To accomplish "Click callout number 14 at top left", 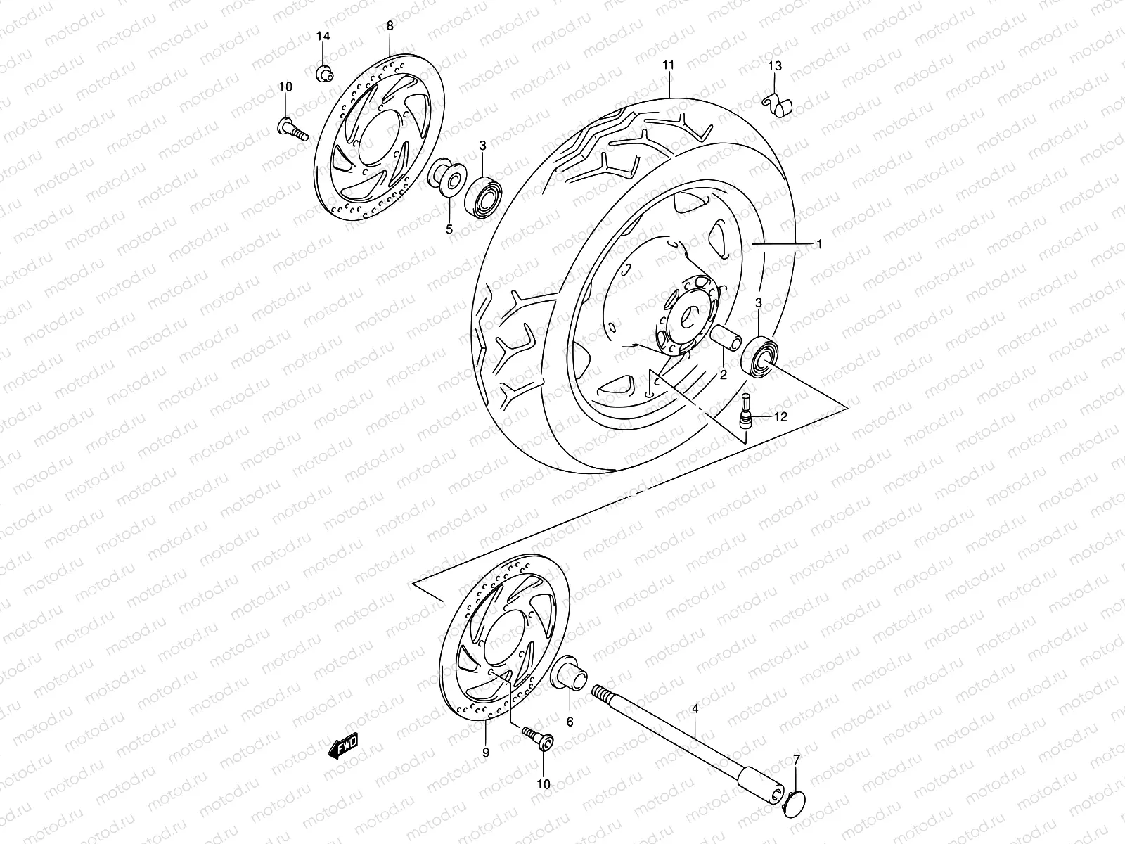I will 323,36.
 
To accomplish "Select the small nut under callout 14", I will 323,72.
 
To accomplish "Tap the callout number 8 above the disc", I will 390,26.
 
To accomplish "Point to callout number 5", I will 449,229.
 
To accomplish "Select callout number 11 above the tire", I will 668,65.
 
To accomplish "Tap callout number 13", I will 774,66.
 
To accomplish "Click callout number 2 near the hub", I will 722,375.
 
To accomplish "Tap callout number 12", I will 780,416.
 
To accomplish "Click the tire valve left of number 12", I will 747,411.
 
